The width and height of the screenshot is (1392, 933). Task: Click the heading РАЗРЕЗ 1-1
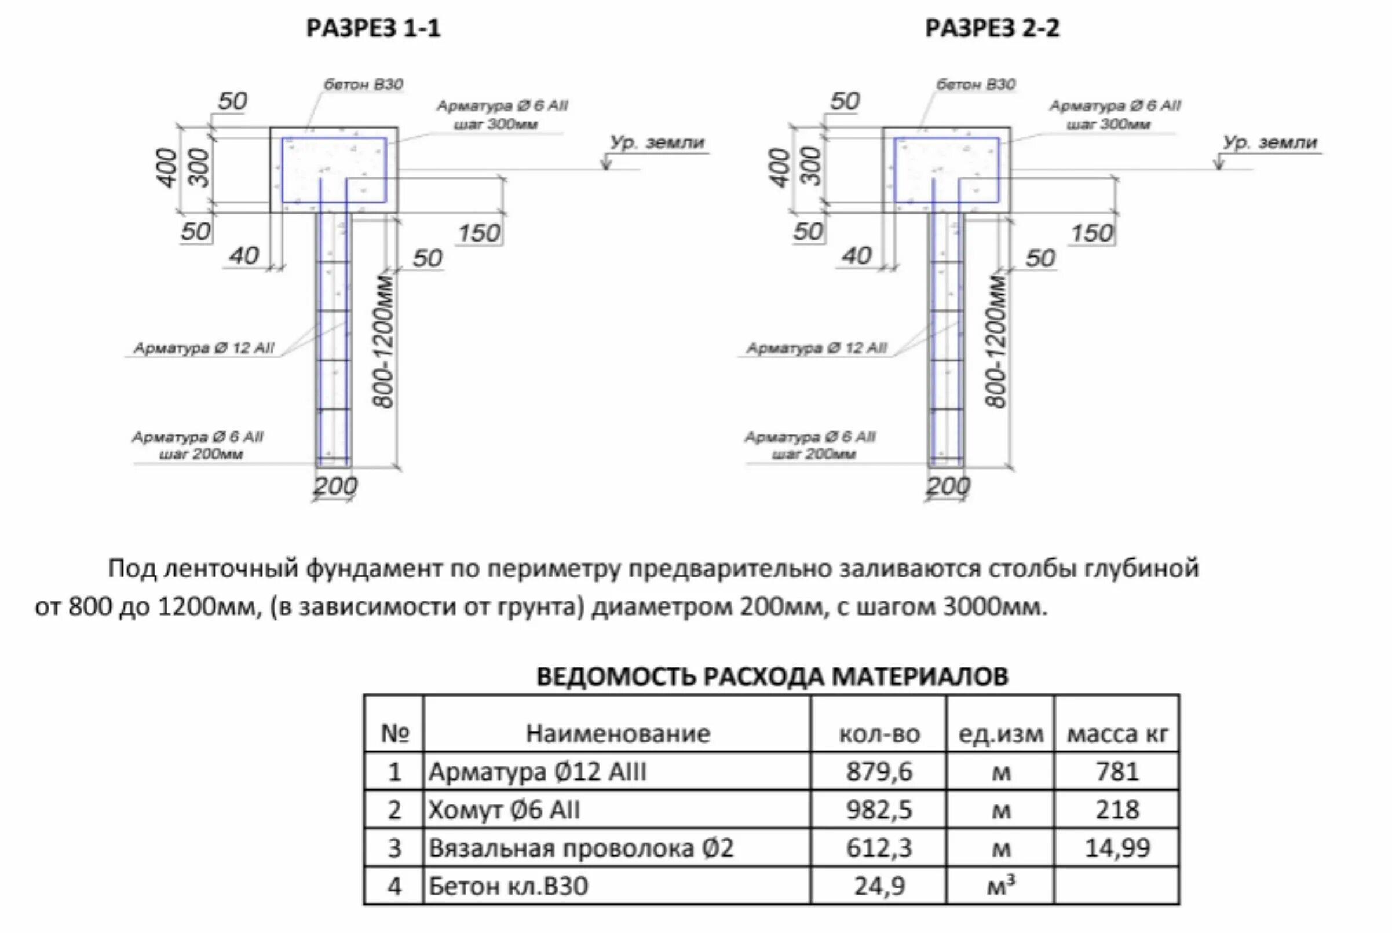click(x=373, y=28)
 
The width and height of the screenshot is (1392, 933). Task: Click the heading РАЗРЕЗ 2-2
click(x=992, y=28)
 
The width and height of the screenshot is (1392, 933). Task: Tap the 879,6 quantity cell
click(x=878, y=772)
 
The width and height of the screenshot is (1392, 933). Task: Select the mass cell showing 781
click(x=1116, y=772)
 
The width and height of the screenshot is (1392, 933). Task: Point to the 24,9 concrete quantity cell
click(x=878, y=887)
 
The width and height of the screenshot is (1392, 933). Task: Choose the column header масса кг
click(x=1116, y=734)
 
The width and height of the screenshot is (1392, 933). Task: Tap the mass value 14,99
click(x=1116, y=848)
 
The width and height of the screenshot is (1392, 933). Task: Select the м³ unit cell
click(x=1001, y=886)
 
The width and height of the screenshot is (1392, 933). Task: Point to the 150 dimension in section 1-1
click(x=479, y=233)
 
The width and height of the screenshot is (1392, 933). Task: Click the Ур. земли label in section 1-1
click(x=657, y=143)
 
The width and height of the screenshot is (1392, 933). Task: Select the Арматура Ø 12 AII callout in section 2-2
click(x=817, y=348)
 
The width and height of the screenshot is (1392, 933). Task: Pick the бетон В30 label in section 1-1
click(x=363, y=85)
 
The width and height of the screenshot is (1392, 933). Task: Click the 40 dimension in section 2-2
click(x=856, y=256)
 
